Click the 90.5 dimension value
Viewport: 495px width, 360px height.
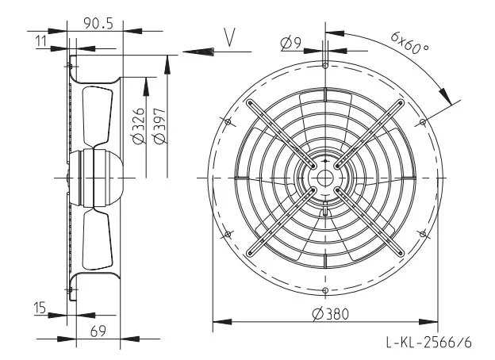coord(98,23)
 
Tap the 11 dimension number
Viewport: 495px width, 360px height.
coord(40,41)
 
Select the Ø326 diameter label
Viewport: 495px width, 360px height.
coord(139,126)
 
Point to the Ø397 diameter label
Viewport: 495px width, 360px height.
coord(159,126)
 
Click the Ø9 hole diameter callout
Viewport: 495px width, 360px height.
coord(291,44)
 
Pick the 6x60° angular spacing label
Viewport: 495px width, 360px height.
coord(410,43)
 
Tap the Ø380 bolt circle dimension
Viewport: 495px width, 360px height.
coord(331,314)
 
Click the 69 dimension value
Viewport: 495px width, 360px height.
coord(98,331)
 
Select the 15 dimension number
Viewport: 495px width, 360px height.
coord(40,308)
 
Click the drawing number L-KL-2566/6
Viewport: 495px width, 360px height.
coord(429,342)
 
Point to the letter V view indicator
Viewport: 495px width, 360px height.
coord(229,37)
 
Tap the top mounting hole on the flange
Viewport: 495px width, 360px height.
coord(325,65)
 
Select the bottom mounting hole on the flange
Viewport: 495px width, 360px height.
coord(325,290)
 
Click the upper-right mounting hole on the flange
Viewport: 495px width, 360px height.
coord(423,121)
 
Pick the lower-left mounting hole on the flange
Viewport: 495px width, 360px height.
coord(228,234)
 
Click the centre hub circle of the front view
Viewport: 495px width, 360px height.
coord(325,178)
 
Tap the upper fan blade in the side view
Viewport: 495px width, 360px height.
coord(98,116)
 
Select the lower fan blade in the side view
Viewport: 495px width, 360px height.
coord(98,240)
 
